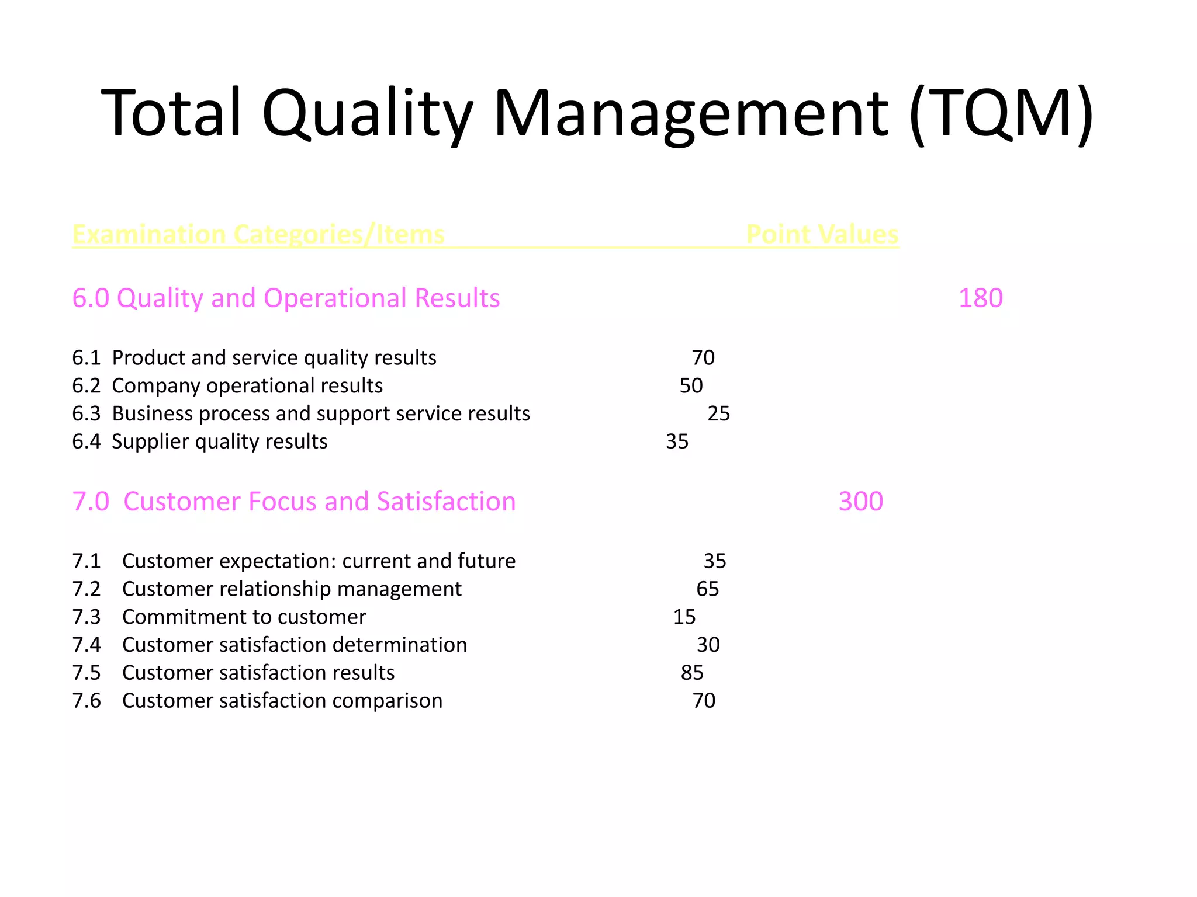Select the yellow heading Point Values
(x=822, y=234)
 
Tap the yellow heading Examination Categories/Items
(x=258, y=234)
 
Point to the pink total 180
(x=980, y=298)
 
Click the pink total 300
(x=860, y=501)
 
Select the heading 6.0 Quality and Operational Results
(x=286, y=298)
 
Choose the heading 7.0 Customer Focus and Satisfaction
(x=294, y=501)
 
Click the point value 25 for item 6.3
(x=718, y=413)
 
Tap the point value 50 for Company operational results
(x=691, y=385)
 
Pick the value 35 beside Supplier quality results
(x=677, y=441)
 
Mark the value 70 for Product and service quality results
(x=703, y=357)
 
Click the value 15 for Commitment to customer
(x=684, y=617)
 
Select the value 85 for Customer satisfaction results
(x=692, y=673)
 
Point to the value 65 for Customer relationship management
(x=707, y=589)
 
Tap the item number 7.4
(x=87, y=645)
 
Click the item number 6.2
(x=87, y=385)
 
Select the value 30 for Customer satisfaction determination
(x=708, y=645)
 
